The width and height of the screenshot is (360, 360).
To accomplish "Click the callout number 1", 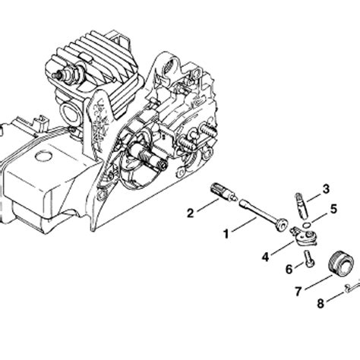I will (x=226, y=234).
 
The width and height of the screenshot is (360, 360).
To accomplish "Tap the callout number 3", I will (x=325, y=188).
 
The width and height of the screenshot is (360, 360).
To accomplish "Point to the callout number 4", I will (x=265, y=257).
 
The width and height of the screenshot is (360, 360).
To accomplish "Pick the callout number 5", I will (x=333, y=208).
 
